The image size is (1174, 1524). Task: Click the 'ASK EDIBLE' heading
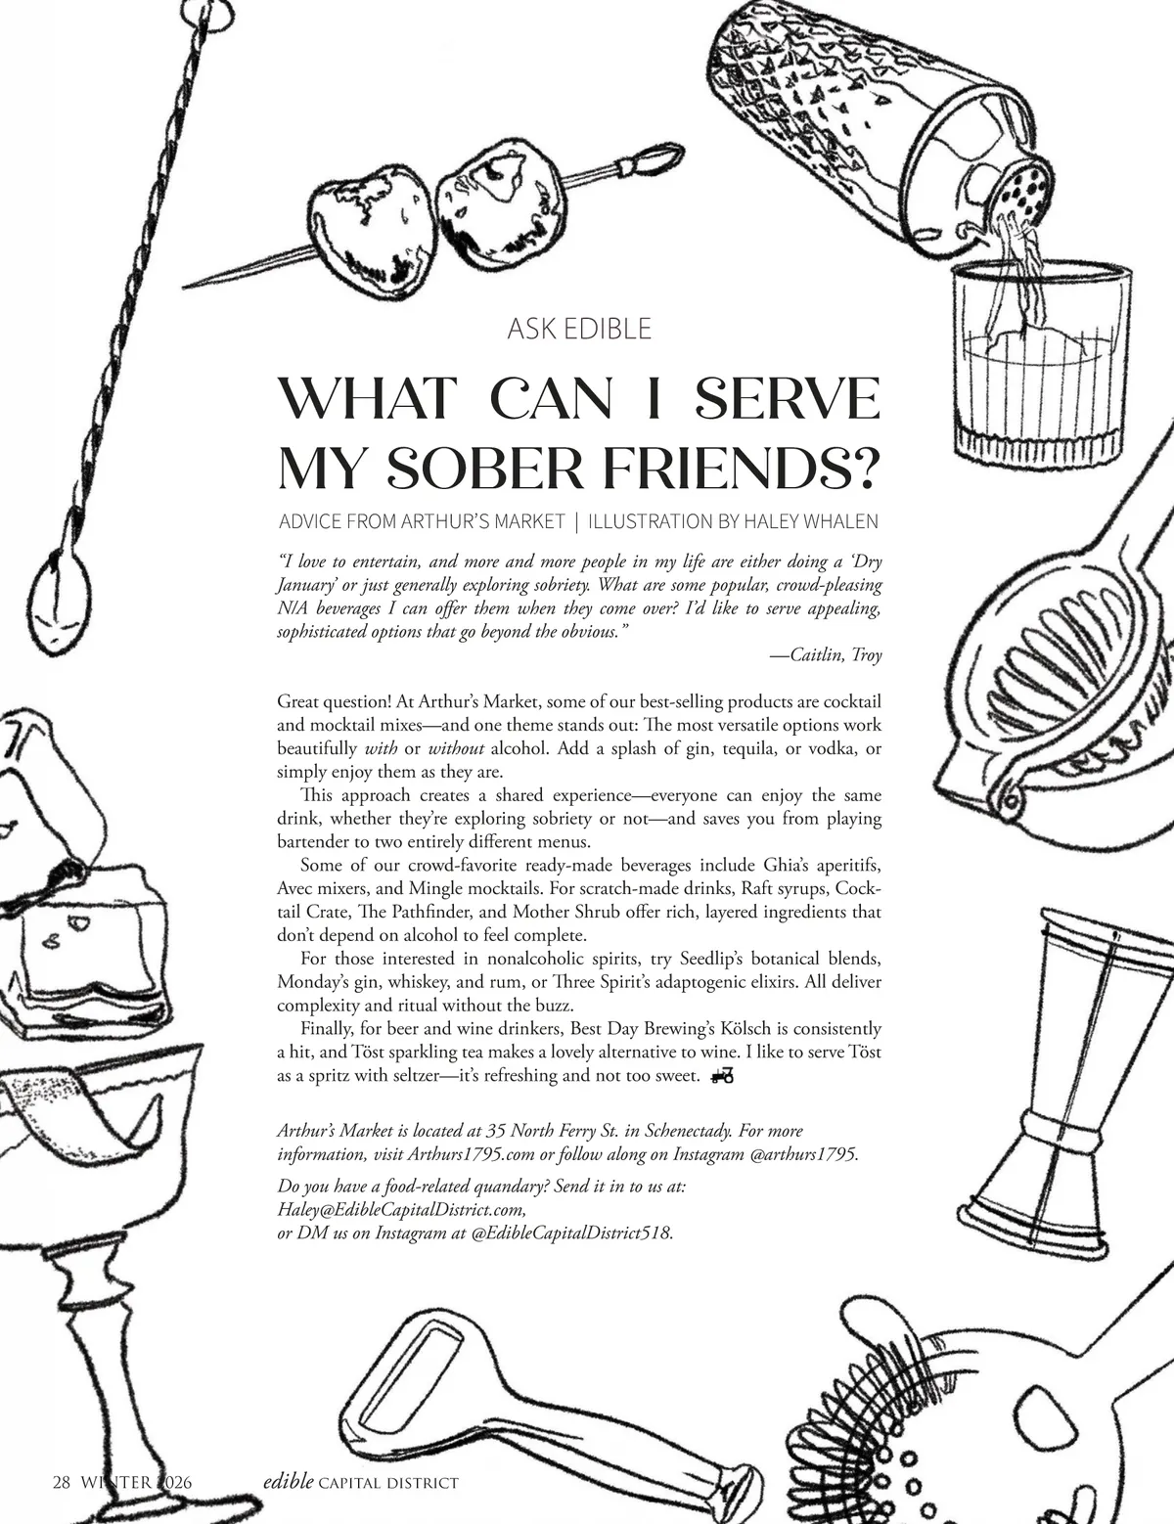(579, 329)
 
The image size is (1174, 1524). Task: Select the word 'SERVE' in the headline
(787, 398)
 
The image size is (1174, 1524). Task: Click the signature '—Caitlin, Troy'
(826, 655)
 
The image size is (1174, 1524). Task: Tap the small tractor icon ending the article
(723, 1075)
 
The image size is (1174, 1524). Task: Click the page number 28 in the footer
(62, 1482)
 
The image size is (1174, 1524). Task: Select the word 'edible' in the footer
(289, 1481)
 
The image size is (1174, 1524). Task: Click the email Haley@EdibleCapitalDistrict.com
(401, 1210)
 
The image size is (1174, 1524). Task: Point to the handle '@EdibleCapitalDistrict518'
(571, 1233)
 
